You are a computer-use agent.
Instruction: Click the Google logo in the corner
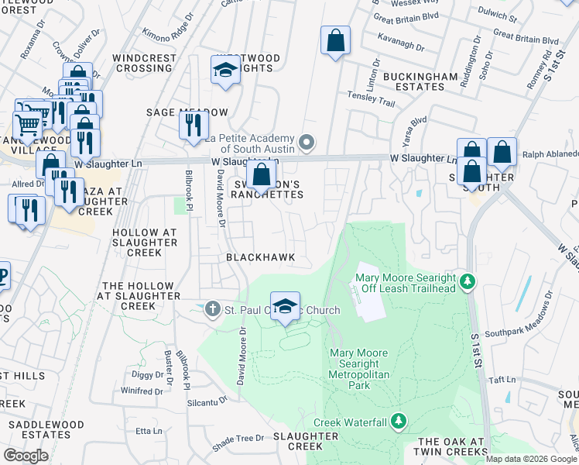click(26, 456)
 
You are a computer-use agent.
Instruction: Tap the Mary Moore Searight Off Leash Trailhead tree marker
click(467, 280)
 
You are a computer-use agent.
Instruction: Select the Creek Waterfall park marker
click(398, 422)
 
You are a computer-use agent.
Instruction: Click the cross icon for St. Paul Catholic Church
click(213, 310)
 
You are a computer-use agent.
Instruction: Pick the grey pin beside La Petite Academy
click(307, 142)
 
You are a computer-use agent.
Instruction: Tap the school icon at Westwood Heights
click(225, 71)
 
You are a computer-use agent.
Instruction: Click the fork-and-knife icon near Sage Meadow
click(194, 125)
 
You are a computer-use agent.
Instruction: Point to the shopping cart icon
click(27, 124)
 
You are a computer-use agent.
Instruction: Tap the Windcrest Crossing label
click(142, 63)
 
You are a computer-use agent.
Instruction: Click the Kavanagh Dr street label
click(401, 48)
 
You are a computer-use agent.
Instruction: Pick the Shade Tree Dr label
click(238, 439)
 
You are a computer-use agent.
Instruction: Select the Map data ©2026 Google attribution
click(531, 459)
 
